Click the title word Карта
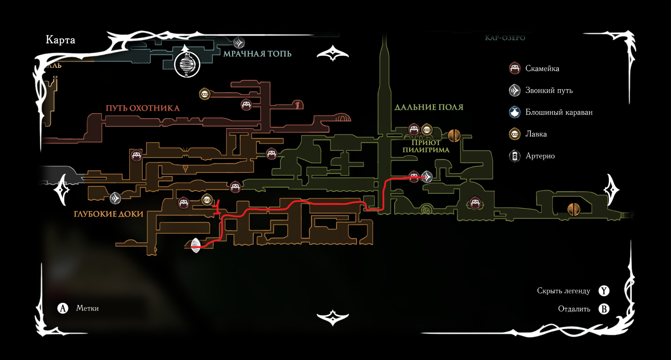click(60, 39)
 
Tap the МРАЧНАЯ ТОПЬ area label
click(257, 54)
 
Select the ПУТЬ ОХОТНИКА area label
click(143, 108)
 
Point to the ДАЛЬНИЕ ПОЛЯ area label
click(429, 107)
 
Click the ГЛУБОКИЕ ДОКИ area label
click(109, 214)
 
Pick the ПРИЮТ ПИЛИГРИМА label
click(426, 146)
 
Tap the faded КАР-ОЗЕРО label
click(505, 38)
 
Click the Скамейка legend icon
click(515, 68)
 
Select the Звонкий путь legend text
click(549, 91)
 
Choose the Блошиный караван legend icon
click(515, 112)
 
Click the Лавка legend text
click(536, 134)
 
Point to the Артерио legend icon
click(515, 156)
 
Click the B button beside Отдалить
click(604, 309)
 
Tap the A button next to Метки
click(63, 308)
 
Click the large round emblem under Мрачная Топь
click(187, 65)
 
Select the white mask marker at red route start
click(196, 245)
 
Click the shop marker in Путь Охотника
click(205, 94)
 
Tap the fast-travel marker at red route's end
click(427, 177)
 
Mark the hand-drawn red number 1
click(217, 207)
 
